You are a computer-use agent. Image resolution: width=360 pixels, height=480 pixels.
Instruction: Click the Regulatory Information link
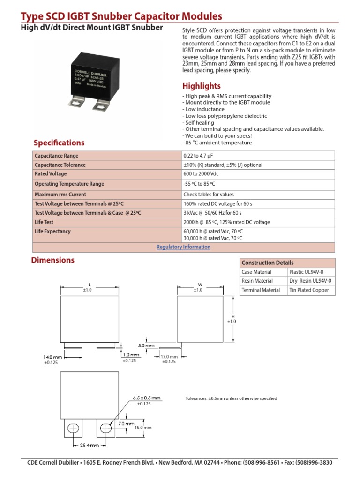[183, 247]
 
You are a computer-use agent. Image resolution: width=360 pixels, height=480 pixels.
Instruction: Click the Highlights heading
[201, 86]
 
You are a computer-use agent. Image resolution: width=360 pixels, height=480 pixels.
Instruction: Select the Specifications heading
[59, 143]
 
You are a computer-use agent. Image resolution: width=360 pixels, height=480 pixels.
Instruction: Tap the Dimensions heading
[53, 260]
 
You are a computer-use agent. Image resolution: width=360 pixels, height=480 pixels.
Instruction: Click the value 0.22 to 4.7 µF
[199, 156]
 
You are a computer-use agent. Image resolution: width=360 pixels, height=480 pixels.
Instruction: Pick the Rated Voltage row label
[51, 174]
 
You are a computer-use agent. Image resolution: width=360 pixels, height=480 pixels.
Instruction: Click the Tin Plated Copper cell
[308, 290]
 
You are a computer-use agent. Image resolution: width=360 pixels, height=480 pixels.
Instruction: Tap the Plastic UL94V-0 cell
[306, 272]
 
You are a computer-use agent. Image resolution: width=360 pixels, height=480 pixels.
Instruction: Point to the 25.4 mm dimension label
[88, 445]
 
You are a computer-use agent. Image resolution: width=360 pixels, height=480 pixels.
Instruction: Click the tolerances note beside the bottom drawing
[232, 398]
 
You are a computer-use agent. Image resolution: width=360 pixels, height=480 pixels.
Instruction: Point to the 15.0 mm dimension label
[143, 427]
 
